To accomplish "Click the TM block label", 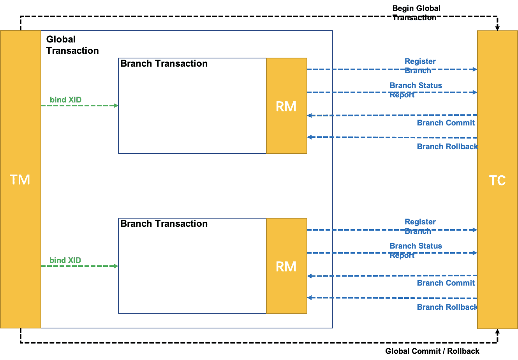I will (20, 180).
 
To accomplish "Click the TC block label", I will (497, 180).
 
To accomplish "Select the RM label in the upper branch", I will (286, 106).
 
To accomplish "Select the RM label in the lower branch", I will (286, 266).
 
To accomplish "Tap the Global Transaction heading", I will (72, 45).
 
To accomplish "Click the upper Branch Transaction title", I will (164, 64).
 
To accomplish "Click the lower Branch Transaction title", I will (164, 224).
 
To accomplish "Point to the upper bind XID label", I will (65, 100).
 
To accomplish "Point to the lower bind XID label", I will (65, 260).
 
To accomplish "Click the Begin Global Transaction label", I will (416, 13).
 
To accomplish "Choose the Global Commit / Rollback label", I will (432, 351).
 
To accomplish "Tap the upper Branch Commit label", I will (446, 123).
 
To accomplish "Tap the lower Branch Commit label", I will (446, 283).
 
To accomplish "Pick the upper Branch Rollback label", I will (448, 146).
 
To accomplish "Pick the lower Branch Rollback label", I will (448, 307).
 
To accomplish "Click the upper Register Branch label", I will (419, 66).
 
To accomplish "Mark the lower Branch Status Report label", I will (416, 250).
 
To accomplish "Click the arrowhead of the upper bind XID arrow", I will (116, 106).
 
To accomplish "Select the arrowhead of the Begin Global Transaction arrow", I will (497, 28).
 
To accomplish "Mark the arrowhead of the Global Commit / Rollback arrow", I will (497, 332).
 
